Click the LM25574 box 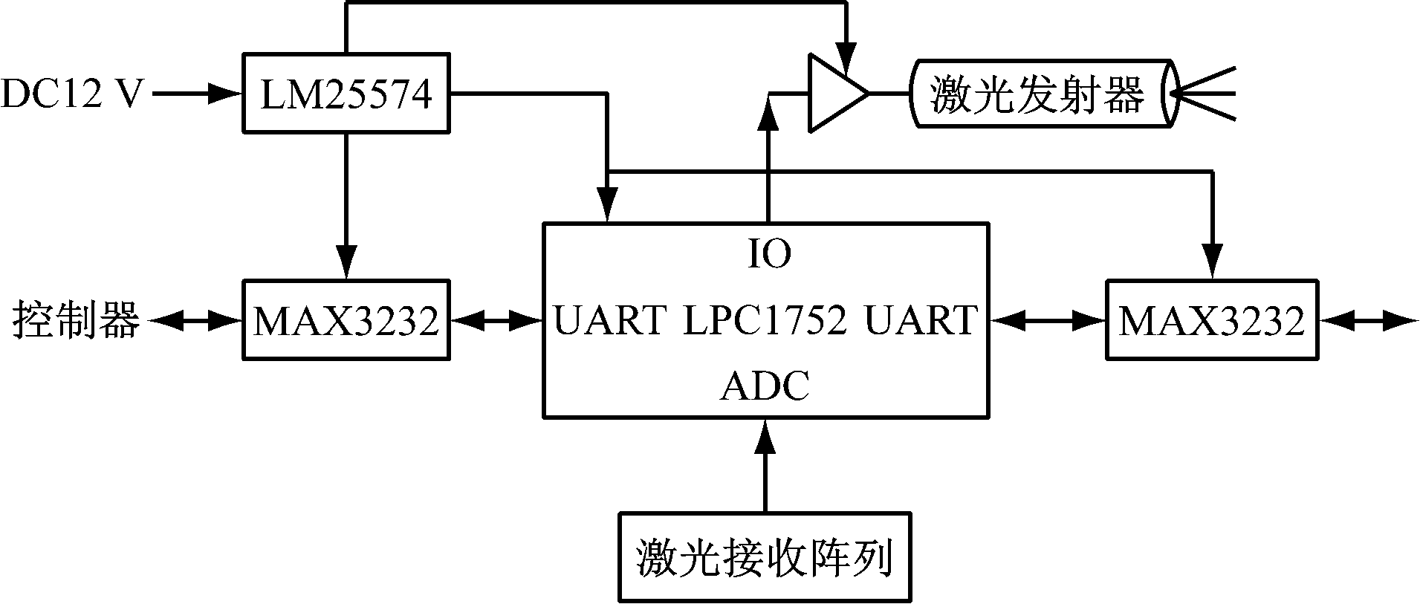pos(346,93)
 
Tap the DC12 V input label pos(71,94)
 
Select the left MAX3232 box pos(346,320)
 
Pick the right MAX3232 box pos(1212,320)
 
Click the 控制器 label pos(76,321)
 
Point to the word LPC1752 pos(765,320)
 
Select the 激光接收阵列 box pos(765,556)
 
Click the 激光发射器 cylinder pos(1044,94)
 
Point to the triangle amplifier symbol pos(837,94)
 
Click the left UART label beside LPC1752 pos(609,320)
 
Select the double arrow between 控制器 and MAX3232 pos(197,321)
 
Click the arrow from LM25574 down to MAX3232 pos(346,207)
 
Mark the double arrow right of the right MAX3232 pos(1368,321)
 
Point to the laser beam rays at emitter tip pos(1204,94)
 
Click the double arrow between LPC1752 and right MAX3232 pos(1047,321)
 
